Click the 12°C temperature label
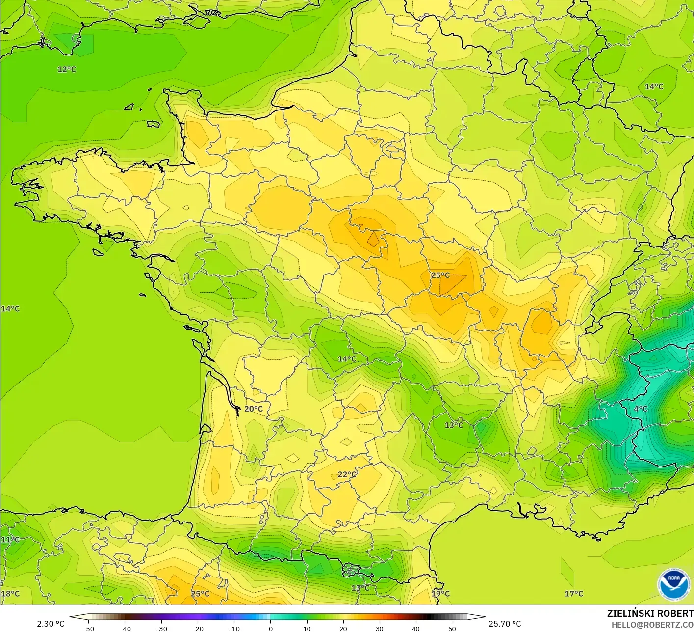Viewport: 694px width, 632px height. [67, 69]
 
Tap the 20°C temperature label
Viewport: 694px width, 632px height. [254, 409]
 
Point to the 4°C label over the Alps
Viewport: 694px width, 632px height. [641, 409]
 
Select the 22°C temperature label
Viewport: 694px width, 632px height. [347, 474]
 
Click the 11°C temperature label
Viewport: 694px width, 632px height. [10, 540]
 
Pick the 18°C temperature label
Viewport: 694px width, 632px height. [10, 594]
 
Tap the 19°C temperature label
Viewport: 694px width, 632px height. [440, 594]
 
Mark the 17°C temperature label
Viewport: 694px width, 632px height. [574, 594]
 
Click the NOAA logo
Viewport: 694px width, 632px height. [674, 585]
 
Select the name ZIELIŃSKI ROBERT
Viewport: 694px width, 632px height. [650, 613]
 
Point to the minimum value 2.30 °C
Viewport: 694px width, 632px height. [51, 624]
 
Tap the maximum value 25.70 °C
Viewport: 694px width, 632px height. [505, 624]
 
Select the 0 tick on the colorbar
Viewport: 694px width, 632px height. [270, 629]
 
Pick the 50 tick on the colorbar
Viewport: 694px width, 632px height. [452, 629]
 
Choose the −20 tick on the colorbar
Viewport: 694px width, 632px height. [197, 629]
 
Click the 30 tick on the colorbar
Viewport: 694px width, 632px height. [379, 629]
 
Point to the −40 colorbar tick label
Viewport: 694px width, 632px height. [125, 629]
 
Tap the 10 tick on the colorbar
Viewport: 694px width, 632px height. [307, 629]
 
